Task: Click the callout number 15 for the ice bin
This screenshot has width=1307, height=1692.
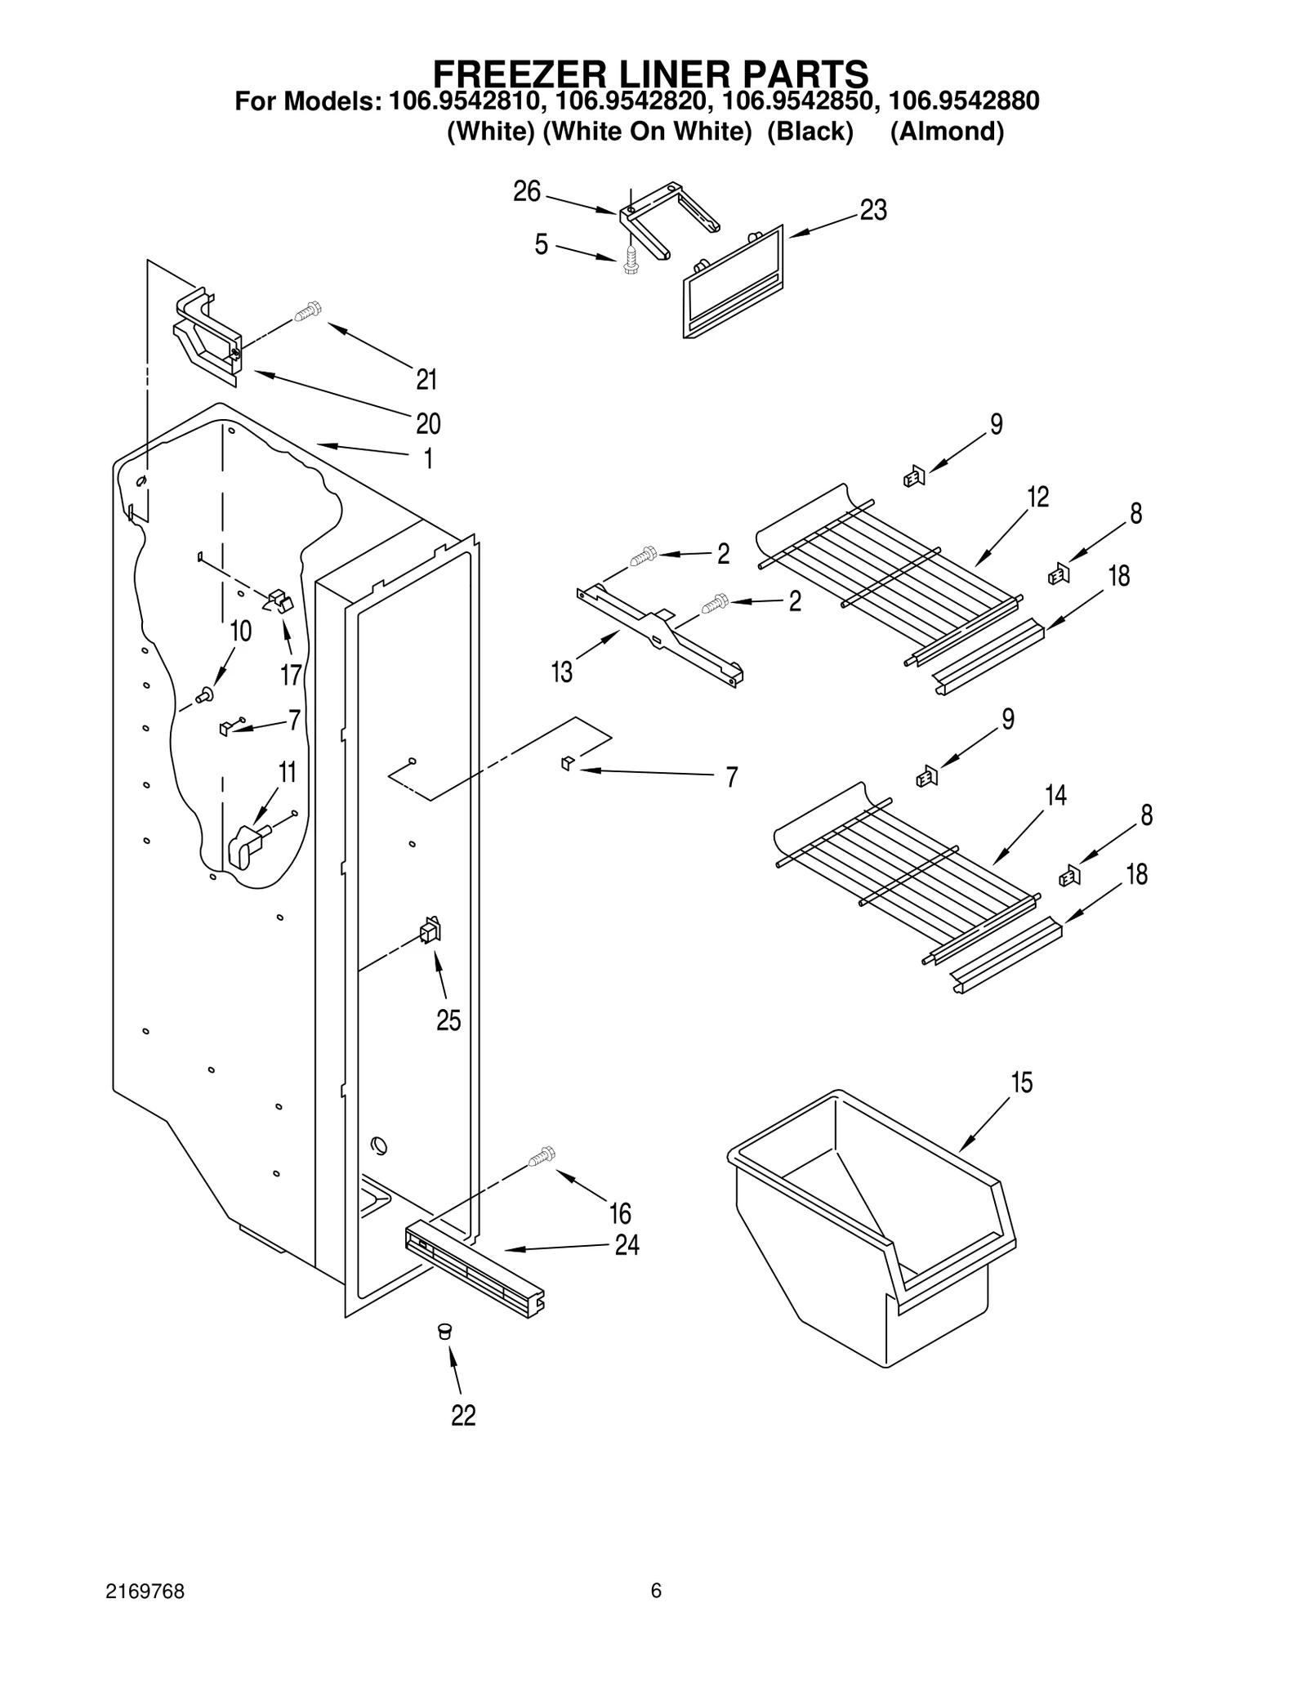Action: [1021, 1083]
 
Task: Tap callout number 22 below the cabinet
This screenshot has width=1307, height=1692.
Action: [463, 1416]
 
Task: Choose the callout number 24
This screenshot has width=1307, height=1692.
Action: [627, 1245]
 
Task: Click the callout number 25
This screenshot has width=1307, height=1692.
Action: [448, 1020]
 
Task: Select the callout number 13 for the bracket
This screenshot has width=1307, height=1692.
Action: [562, 672]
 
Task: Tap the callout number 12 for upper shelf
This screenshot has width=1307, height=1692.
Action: [1037, 497]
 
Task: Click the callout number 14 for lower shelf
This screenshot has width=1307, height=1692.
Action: [1055, 795]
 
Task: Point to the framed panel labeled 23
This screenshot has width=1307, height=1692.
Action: [733, 282]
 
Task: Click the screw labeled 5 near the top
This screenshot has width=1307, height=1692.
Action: [630, 260]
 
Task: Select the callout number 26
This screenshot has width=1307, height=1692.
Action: [527, 191]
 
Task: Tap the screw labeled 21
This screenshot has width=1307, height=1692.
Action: [309, 312]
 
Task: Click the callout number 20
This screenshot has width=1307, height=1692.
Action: [427, 423]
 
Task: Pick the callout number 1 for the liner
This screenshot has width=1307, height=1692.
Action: [428, 459]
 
